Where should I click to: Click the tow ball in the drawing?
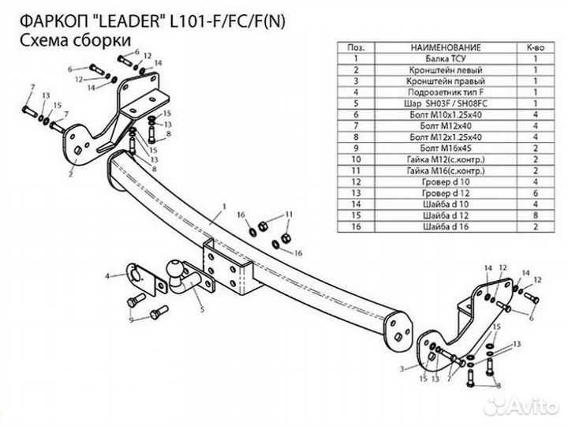click(x=172, y=271)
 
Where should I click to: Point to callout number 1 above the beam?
click(x=224, y=207)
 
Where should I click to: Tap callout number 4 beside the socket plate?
click(x=107, y=275)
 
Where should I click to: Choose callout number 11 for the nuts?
click(x=290, y=214)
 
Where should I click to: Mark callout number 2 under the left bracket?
click(x=71, y=169)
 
